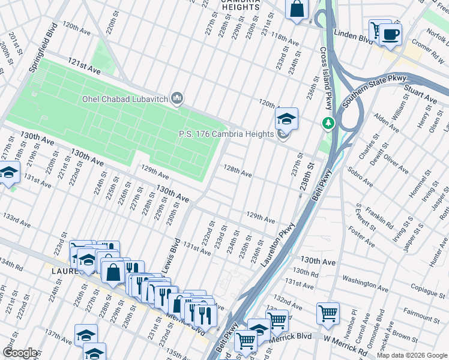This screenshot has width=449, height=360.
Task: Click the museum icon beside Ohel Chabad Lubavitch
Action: [177, 98]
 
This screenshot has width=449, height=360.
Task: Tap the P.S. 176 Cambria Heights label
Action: [226, 134]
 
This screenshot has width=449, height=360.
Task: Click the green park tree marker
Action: [328, 123]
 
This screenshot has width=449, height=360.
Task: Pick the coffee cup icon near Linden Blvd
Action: [390, 34]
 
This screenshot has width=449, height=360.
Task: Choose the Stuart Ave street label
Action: [420, 92]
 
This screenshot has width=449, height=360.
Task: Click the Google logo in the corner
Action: [20, 353]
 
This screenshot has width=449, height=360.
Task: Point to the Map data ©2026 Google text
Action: [411, 355]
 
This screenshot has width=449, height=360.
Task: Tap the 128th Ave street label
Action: [237, 172]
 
